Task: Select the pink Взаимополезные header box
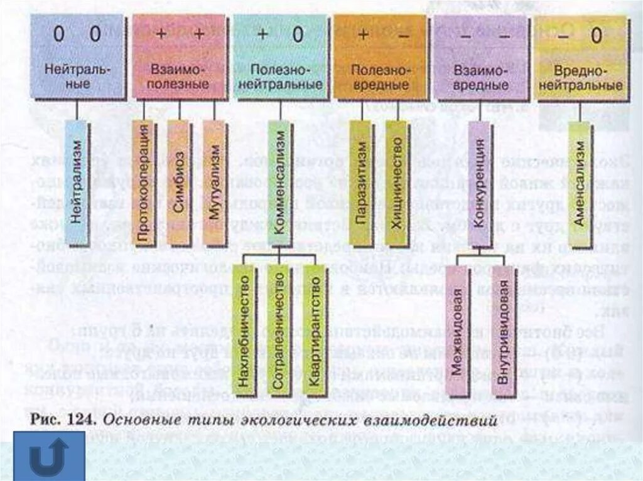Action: point(179,57)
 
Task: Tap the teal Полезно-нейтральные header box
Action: point(280,57)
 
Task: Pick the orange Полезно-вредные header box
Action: point(380,57)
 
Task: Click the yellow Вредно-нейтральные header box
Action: point(580,57)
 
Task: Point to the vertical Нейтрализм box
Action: point(77,183)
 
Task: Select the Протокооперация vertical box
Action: point(144,183)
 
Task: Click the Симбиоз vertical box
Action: point(178,183)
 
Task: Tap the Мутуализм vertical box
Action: point(214,183)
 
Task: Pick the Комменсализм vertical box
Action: point(280,183)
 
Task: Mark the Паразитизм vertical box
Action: point(361,183)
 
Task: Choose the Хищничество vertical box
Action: point(397,183)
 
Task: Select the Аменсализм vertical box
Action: point(579,183)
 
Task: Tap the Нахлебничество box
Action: point(244,329)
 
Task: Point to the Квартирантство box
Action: point(314,329)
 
